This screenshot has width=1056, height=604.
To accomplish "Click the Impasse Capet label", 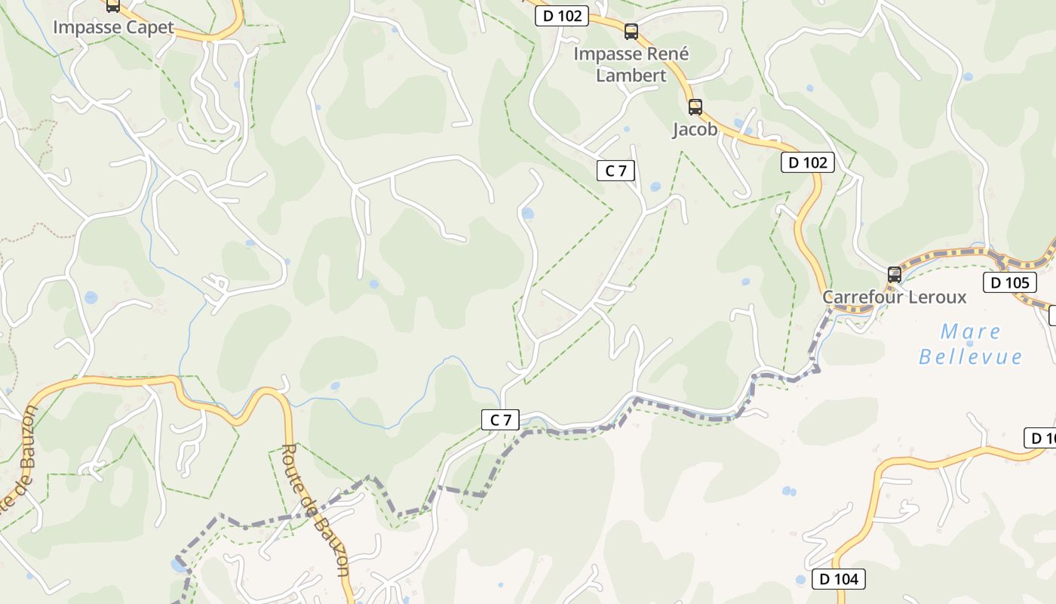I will click(x=113, y=28).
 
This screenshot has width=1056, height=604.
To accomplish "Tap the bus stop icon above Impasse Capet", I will click(x=112, y=6).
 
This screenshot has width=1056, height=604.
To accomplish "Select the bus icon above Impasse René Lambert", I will click(x=631, y=32).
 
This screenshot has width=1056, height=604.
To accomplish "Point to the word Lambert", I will click(x=631, y=75).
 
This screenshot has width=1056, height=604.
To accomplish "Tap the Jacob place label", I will click(x=695, y=129).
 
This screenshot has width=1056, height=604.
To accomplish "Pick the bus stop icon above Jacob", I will click(x=695, y=107).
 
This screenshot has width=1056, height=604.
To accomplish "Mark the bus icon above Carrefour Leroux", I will click(x=895, y=275).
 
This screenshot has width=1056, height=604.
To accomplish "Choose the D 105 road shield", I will click(x=1009, y=283).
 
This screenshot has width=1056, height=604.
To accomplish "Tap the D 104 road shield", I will click(x=838, y=579).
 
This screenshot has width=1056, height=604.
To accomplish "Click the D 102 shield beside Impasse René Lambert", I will click(x=561, y=16).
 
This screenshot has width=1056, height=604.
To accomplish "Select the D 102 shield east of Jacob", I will click(x=808, y=162).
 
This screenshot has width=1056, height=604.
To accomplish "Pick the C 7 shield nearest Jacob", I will click(x=615, y=171).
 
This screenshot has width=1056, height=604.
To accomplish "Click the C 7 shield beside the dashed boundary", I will click(x=500, y=420).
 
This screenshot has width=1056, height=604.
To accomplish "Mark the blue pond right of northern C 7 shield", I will click(x=655, y=186).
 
